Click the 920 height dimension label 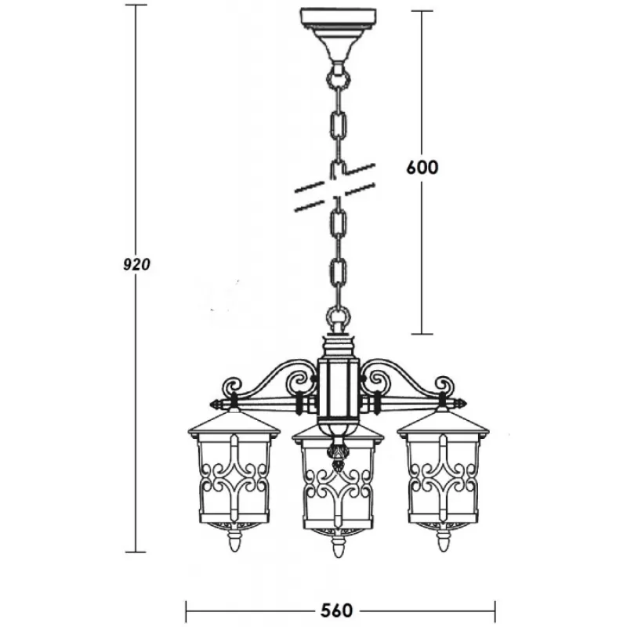[136, 264]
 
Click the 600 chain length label [422, 167]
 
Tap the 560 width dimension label [337, 611]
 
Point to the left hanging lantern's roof [234, 423]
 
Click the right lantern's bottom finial [442, 541]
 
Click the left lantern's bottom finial [234, 541]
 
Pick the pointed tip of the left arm [210, 404]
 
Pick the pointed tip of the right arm [467, 403]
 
